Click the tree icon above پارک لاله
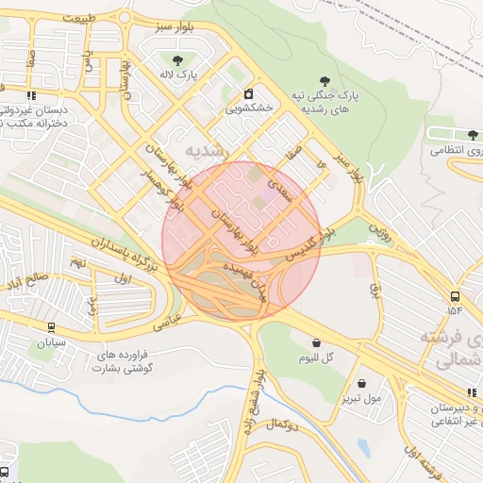(x=177, y=60)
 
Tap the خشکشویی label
(x=248, y=108)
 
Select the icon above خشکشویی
(x=248, y=93)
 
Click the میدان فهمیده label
(x=245, y=281)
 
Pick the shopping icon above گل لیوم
(x=315, y=342)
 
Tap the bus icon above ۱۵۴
(x=456, y=293)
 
